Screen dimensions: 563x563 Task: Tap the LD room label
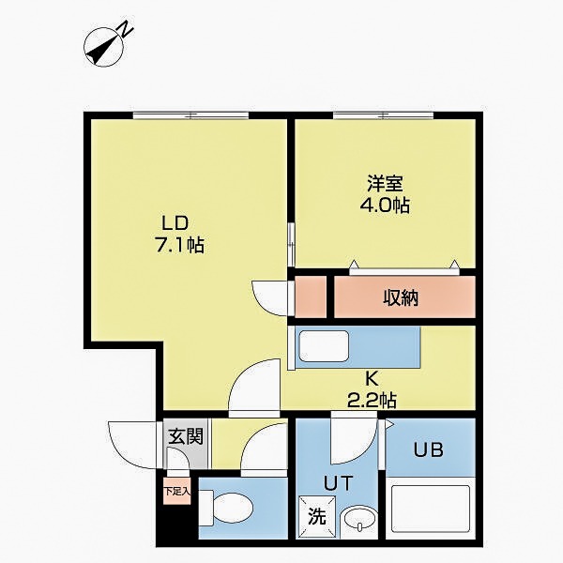[175, 223]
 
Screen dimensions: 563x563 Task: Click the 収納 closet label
[401, 298]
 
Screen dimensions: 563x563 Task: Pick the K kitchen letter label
[371, 380]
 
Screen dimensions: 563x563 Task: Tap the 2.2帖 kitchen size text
[371, 401]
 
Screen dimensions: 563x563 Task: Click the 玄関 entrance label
[183, 436]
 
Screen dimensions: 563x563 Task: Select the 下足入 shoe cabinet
[176, 491]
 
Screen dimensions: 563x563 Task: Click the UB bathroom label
[429, 449]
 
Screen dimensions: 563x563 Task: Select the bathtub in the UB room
[429, 511]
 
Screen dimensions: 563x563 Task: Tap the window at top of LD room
[190, 114]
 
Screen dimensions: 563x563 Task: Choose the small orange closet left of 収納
[310, 296]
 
